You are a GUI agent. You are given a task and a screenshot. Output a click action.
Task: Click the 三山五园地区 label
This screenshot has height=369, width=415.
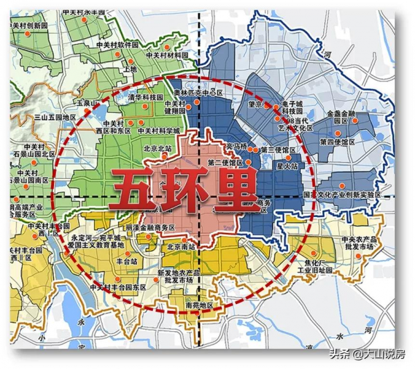pyautogui.click(x=55, y=118)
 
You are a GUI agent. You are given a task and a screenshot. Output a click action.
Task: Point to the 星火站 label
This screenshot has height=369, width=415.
pyautogui.click(x=286, y=166)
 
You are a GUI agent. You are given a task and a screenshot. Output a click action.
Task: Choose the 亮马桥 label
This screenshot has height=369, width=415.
pyautogui.click(x=237, y=146)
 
